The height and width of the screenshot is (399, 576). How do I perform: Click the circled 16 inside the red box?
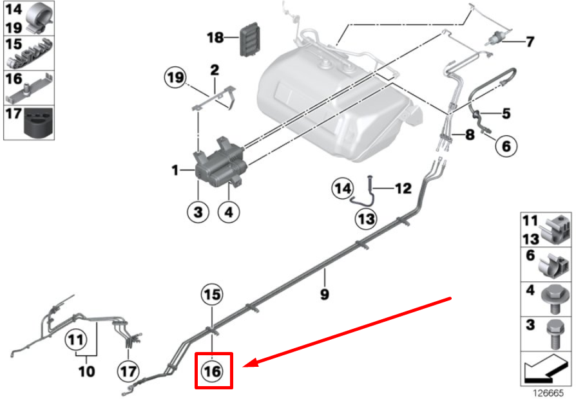tap(213, 371)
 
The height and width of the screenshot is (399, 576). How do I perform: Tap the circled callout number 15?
tap(213, 295)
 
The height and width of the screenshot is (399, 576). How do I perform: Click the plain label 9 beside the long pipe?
tap(325, 294)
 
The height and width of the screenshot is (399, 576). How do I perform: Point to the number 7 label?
tap(530, 42)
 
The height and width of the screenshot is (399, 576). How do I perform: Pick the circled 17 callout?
tap(128, 371)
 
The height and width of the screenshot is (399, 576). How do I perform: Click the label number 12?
tap(403, 189)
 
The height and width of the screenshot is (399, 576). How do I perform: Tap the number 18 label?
tap(215, 38)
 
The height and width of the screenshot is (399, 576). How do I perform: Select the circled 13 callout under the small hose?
tap(366, 219)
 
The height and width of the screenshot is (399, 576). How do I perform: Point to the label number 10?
tap(86, 371)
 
